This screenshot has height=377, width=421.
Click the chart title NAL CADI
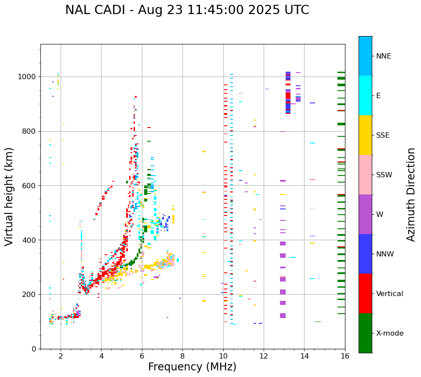click(187, 10)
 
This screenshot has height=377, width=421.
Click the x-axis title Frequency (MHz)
click(192, 367)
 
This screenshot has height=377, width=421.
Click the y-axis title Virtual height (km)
click(9, 196)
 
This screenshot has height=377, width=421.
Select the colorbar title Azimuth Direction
click(411, 194)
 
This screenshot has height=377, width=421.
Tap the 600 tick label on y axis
click(30, 186)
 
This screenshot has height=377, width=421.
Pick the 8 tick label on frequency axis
click(182, 356)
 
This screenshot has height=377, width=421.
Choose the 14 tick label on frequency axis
click(304, 356)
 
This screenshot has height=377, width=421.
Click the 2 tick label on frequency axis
click(61, 356)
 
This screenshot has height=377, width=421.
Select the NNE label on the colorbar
click(383, 56)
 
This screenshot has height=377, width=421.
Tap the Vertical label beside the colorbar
click(389, 294)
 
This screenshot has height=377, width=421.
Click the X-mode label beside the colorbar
click(389, 333)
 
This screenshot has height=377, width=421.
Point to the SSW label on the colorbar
click(384, 175)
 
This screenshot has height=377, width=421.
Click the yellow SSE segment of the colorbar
click(365, 135)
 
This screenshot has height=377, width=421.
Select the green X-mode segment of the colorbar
click(365, 333)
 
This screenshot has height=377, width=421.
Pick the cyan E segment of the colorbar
click(365, 95)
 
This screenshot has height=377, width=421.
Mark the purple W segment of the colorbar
click(365, 214)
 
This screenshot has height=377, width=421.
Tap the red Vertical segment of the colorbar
click(365, 293)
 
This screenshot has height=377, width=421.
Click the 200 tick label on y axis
click(30, 294)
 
